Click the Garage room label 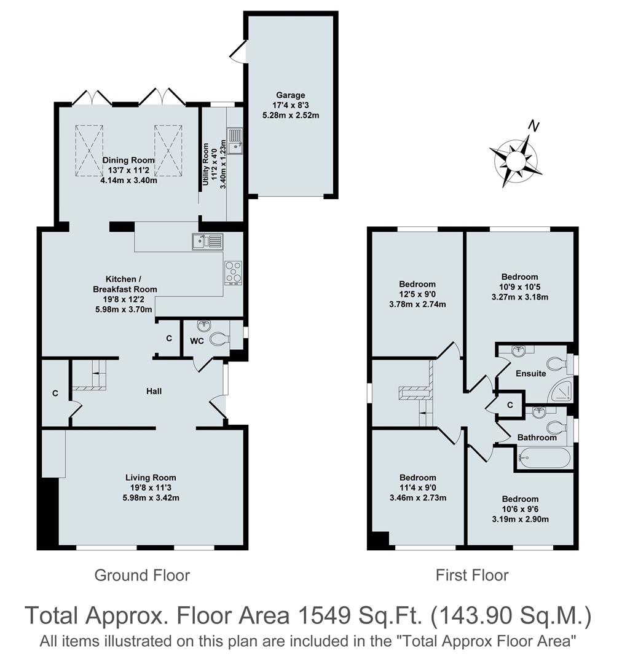coord(290,95)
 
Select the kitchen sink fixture coord(207,241)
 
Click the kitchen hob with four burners coord(234,272)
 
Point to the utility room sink coord(235,140)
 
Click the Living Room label coord(151,477)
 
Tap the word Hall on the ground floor coord(154,391)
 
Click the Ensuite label coord(530,373)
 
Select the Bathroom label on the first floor coord(537,438)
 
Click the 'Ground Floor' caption coord(142,575)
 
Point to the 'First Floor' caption coord(472,575)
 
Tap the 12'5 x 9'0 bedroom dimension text coord(417,294)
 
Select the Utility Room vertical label coord(206,165)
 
